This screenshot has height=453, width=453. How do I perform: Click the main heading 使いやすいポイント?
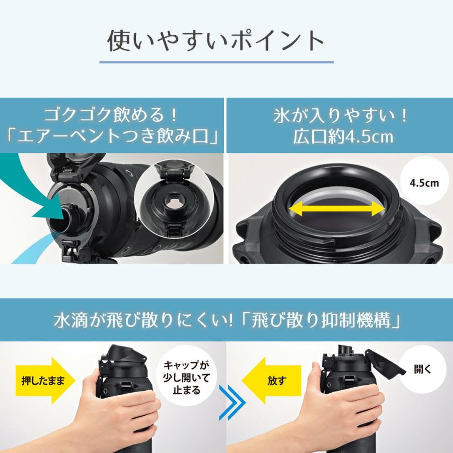point(216,41)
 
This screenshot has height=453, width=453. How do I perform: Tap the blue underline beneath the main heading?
point(216,62)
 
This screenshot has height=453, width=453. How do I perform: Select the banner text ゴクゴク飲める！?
point(112,115)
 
